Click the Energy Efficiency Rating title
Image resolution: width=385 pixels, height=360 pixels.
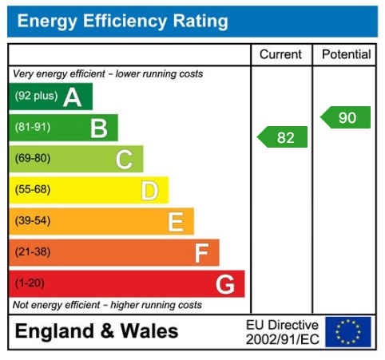122,22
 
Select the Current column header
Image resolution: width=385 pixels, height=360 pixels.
281,55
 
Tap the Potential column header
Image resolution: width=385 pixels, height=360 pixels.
346,55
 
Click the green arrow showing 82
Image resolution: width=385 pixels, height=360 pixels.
283,137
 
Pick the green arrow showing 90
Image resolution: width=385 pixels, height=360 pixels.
346,117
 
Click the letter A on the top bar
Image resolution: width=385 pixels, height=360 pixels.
73,97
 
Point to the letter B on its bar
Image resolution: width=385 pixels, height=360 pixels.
98,128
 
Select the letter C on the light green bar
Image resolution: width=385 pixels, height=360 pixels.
124,159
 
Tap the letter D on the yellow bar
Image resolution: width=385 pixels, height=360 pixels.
149,190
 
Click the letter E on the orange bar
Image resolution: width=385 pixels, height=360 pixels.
175,221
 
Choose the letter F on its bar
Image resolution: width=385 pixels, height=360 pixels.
201,252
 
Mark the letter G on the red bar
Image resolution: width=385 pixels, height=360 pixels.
225,283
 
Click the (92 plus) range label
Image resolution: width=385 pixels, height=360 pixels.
36,97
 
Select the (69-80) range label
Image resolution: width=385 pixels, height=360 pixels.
32,159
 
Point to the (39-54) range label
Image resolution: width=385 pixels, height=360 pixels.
32,221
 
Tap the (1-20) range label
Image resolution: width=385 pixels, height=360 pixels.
30,283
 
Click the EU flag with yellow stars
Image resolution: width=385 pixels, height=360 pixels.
348,331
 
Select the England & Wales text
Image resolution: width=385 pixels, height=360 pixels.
97,331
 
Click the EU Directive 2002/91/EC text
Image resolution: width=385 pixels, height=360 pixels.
282,332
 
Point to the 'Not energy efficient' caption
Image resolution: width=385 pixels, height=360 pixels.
107,305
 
